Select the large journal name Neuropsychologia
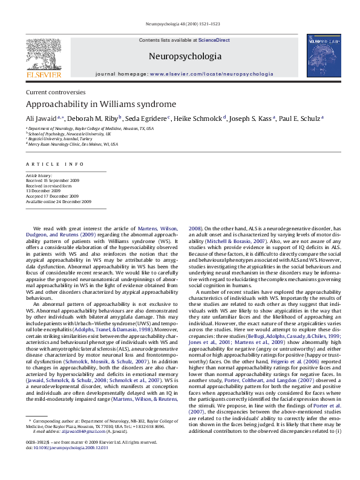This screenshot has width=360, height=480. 185,56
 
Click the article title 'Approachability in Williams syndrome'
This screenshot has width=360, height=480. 100,104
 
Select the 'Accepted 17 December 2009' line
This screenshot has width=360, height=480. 52,196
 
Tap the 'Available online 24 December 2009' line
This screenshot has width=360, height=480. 58,201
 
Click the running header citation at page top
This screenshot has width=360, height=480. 180,24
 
